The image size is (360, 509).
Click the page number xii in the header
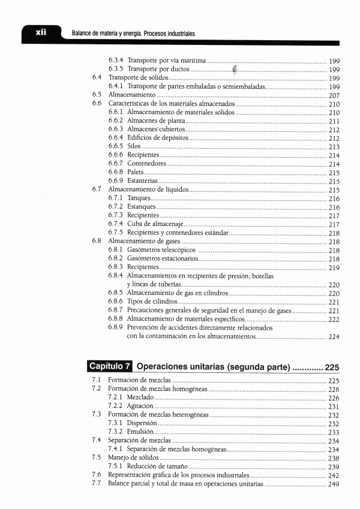point(41,32)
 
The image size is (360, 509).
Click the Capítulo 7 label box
point(109,366)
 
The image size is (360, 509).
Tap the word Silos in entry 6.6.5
point(134,146)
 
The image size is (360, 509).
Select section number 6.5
point(97,95)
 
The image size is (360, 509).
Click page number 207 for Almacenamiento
point(335,95)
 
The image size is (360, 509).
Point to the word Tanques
point(139,198)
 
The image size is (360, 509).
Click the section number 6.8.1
point(116,250)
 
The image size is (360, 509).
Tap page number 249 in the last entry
point(334,483)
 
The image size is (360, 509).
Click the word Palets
point(135,172)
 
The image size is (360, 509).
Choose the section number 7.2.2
point(116,406)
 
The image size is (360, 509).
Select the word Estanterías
point(143,180)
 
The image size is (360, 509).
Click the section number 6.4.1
point(116,86)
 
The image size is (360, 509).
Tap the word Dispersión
point(143,423)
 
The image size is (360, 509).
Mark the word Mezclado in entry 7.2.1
point(142,397)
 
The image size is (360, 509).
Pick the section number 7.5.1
point(116,466)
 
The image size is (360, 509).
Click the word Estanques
point(142,207)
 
